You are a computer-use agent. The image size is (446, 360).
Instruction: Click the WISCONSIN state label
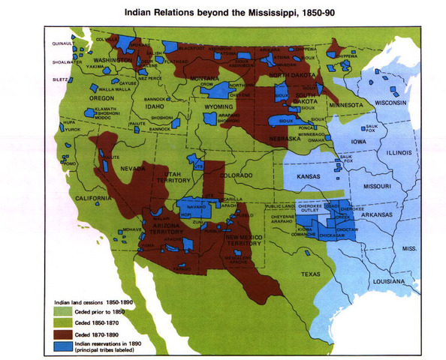tap(390, 102)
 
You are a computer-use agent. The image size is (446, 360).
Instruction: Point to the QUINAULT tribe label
tap(56, 43)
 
